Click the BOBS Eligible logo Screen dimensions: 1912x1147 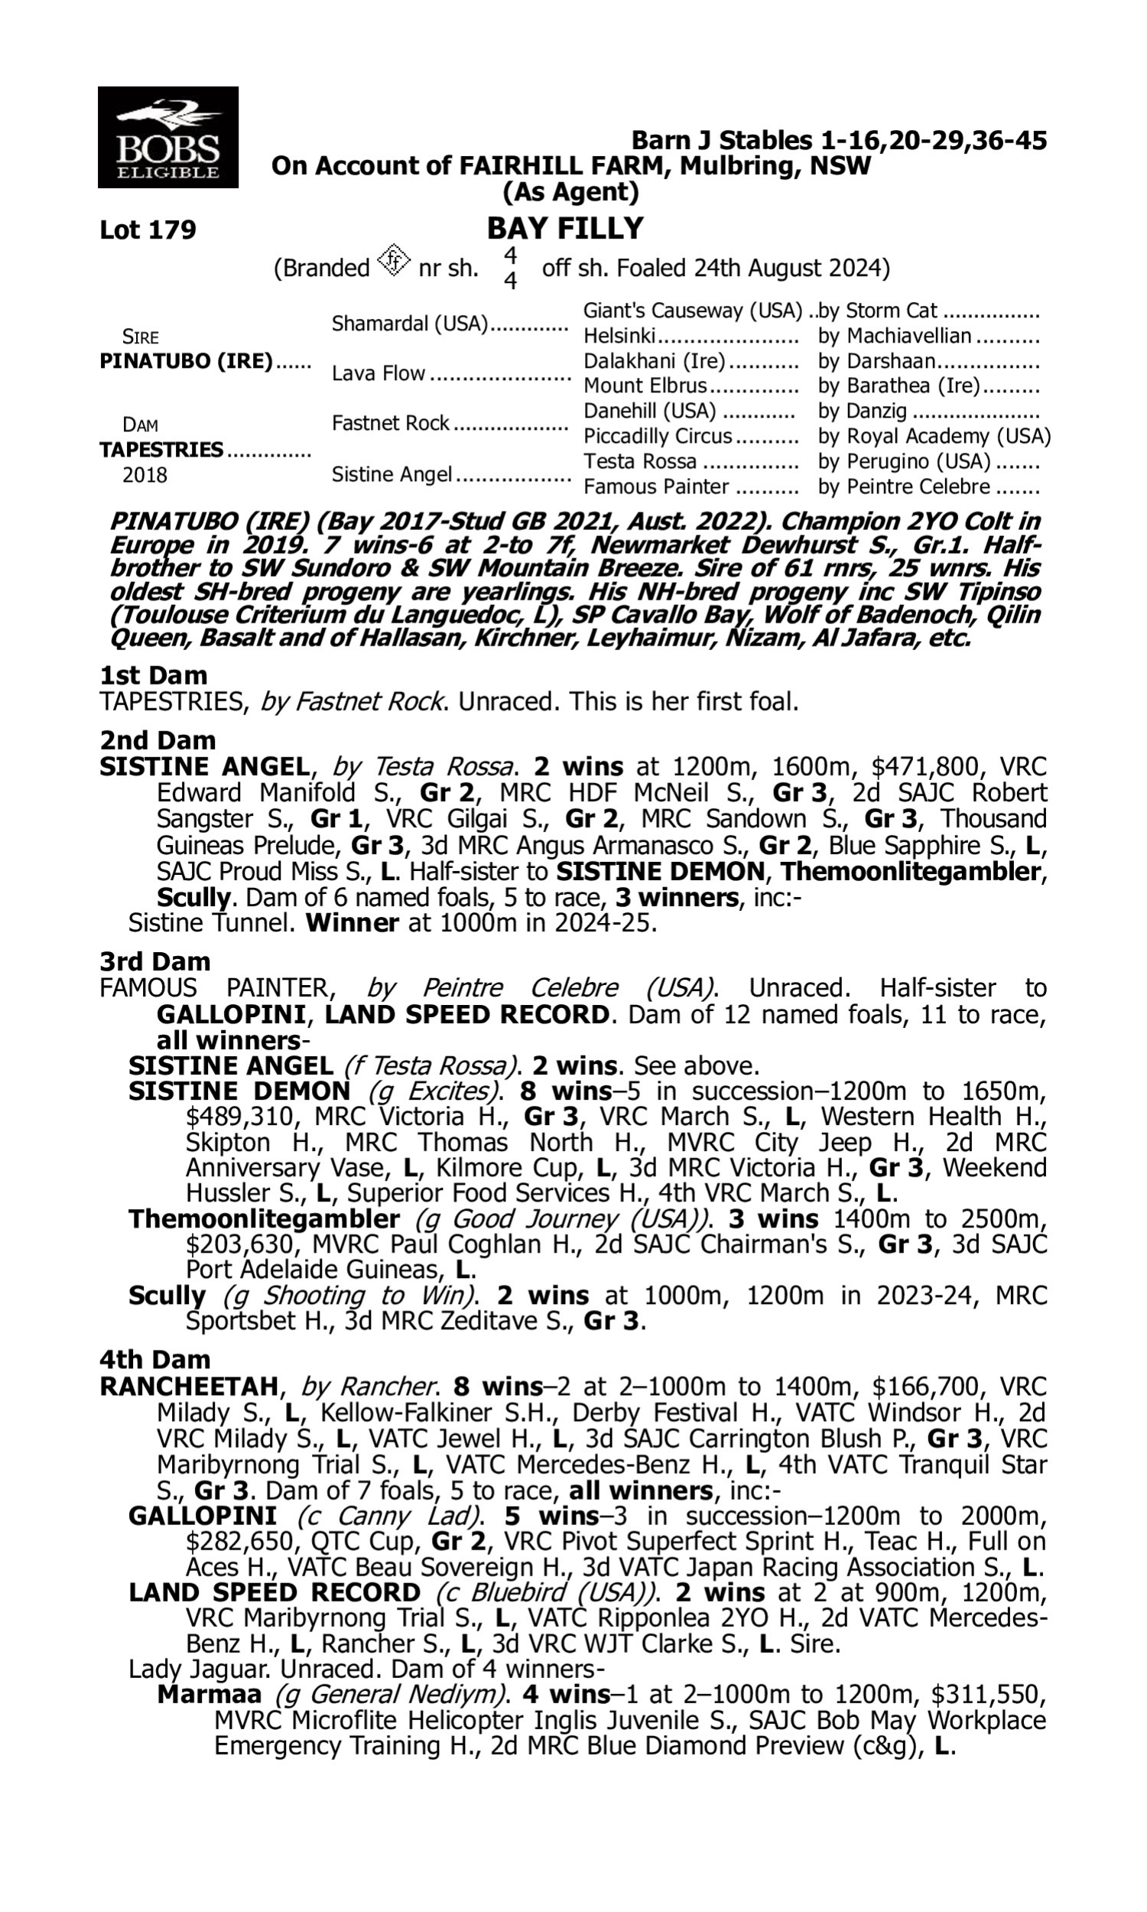pos(167,138)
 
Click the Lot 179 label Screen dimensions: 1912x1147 pos(148,230)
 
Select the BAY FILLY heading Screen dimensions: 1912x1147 pos(565,229)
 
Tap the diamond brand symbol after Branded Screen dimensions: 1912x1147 pos(393,262)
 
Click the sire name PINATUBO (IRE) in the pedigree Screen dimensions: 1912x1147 pos(186,362)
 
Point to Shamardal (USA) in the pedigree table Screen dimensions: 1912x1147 pos(410,324)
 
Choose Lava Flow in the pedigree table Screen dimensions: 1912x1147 pos(378,374)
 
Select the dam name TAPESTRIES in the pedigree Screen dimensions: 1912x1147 pos(161,450)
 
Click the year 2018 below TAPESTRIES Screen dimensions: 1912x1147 pos(145,475)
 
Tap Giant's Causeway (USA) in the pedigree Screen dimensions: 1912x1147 pos(693,311)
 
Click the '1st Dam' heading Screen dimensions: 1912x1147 pos(153,675)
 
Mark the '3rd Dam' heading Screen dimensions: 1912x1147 pos(154,962)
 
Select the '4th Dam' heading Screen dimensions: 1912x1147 pos(154,1359)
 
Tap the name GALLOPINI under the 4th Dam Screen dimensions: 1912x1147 pos(203,1517)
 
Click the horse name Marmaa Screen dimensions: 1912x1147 pos(209,1695)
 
